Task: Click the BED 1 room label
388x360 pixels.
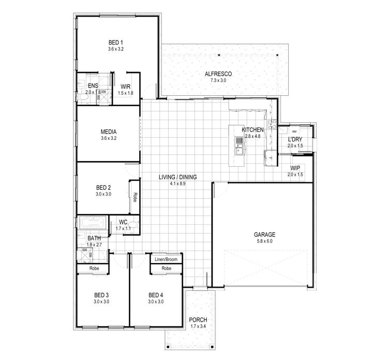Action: pyautogui.click(x=115, y=42)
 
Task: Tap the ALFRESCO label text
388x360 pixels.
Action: pyautogui.click(x=218, y=74)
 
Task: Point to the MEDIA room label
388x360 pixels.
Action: pyautogui.click(x=108, y=132)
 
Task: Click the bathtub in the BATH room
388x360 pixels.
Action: pyautogui.click(x=92, y=223)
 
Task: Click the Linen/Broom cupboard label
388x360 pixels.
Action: pyautogui.click(x=166, y=259)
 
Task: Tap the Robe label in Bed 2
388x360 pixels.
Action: pyautogui.click(x=135, y=197)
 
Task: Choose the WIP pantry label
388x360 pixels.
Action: pyautogui.click(x=295, y=168)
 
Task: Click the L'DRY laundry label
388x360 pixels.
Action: pyautogui.click(x=295, y=139)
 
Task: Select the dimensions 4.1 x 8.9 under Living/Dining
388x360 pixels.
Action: pyautogui.click(x=177, y=183)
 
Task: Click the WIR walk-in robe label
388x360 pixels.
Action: pyautogui.click(x=125, y=87)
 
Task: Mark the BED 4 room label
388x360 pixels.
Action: pyautogui.click(x=156, y=295)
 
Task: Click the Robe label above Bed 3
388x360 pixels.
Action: pyautogui.click(x=94, y=268)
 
